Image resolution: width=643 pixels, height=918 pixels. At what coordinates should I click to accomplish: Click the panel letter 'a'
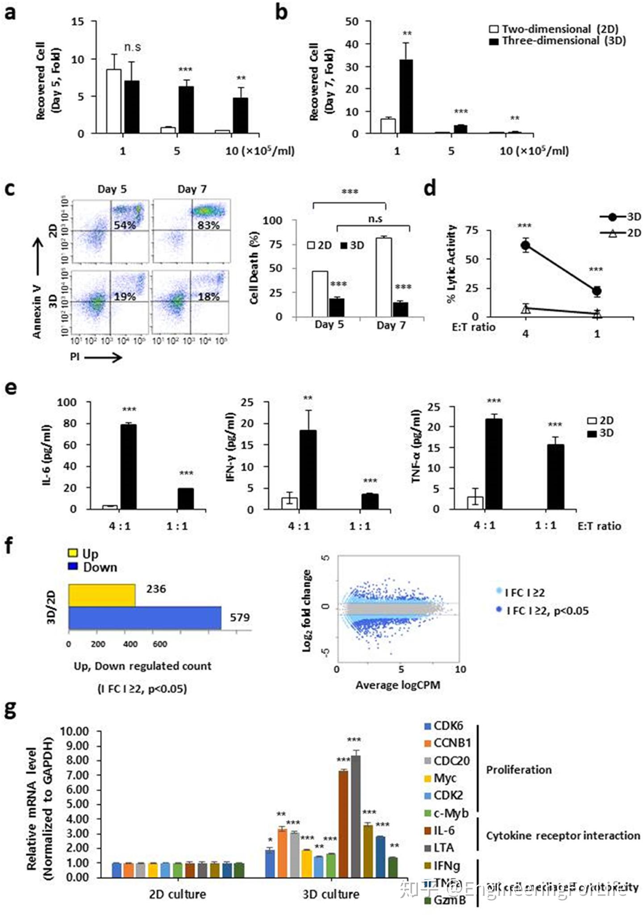click(x=10, y=12)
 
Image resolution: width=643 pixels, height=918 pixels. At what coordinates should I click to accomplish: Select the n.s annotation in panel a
click(x=132, y=47)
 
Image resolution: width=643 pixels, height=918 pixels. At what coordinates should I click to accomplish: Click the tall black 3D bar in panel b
click(x=406, y=96)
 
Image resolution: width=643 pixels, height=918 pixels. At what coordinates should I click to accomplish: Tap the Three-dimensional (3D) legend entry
click(x=558, y=41)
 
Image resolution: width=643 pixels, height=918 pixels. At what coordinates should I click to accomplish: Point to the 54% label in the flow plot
click(x=125, y=225)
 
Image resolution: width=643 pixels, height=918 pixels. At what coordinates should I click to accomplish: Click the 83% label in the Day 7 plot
click(x=209, y=225)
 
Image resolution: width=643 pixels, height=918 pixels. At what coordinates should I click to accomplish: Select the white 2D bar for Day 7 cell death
click(x=384, y=277)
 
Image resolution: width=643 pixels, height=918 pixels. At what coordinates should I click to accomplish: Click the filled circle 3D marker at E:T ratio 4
click(x=526, y=245)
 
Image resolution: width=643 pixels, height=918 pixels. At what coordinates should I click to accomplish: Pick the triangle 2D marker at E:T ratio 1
click(x=597, y=314)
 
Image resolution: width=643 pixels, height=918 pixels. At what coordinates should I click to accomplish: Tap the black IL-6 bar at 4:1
click(x=129, y=466)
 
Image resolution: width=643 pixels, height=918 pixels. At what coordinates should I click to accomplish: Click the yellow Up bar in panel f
click(x=102, y=595)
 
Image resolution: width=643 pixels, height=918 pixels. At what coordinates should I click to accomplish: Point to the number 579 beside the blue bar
click(x=240, y=618)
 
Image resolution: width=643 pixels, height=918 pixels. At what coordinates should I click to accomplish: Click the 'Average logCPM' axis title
click(x=397, y=685)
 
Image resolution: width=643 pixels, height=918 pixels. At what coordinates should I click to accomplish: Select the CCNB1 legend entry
click(x=448, y=743)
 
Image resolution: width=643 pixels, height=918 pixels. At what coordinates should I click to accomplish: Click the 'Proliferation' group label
click(x=519, y=769)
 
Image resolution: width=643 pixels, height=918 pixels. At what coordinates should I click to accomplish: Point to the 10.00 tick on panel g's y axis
click(x=75, y=731)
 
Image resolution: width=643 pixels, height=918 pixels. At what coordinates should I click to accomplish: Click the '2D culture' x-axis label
click(x=177, y=894)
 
